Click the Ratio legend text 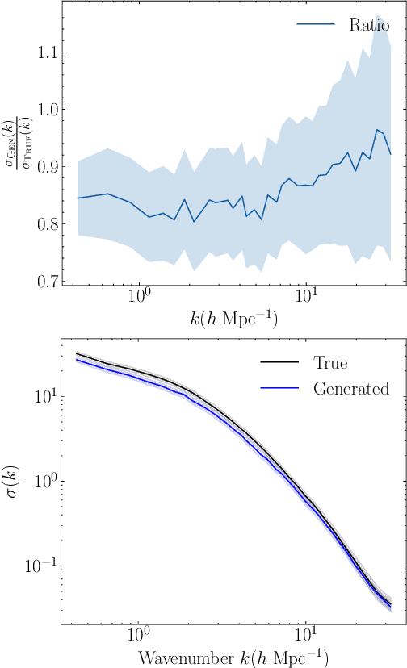click(369, 25)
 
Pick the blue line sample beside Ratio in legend click(316, 25)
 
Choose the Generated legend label click(351, 389)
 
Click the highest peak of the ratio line click(377, 129)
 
